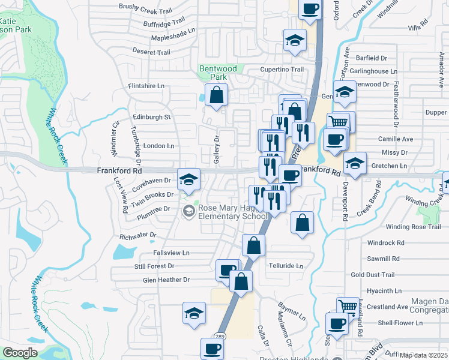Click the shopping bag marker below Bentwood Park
[x=215, y=95]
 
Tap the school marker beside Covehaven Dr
[x=188, y=179]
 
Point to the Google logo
[x=20, y=353]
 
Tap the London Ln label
[x=158, y=146]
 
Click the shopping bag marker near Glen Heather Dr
[x=241, y=281]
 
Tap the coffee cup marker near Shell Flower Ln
[x=337, y=323]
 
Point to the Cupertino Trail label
[x=282, y=70]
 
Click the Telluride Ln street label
[x=286, y=265]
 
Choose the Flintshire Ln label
[x=146, y=86]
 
